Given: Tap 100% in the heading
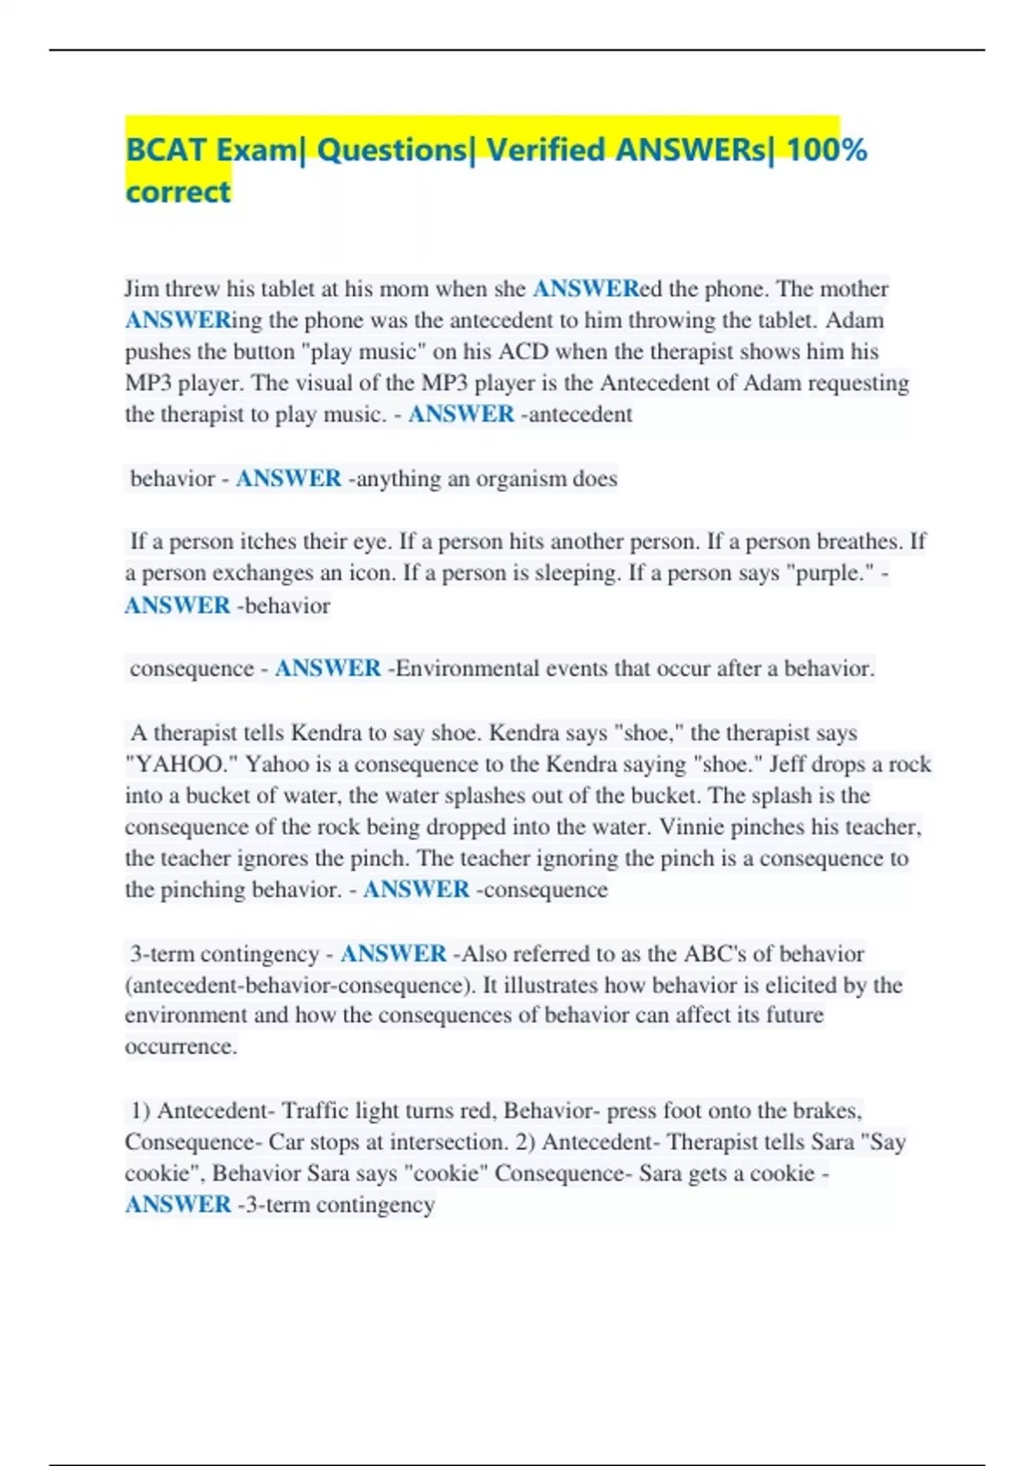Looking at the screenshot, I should (827, 150).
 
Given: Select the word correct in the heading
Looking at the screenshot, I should (178, 191).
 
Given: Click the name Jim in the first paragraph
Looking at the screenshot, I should (141, 289).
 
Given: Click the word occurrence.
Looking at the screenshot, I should (180, 1047).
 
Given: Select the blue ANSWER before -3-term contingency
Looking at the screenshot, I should (178, 1205).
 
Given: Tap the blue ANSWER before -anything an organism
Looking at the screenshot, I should (288, 479).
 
